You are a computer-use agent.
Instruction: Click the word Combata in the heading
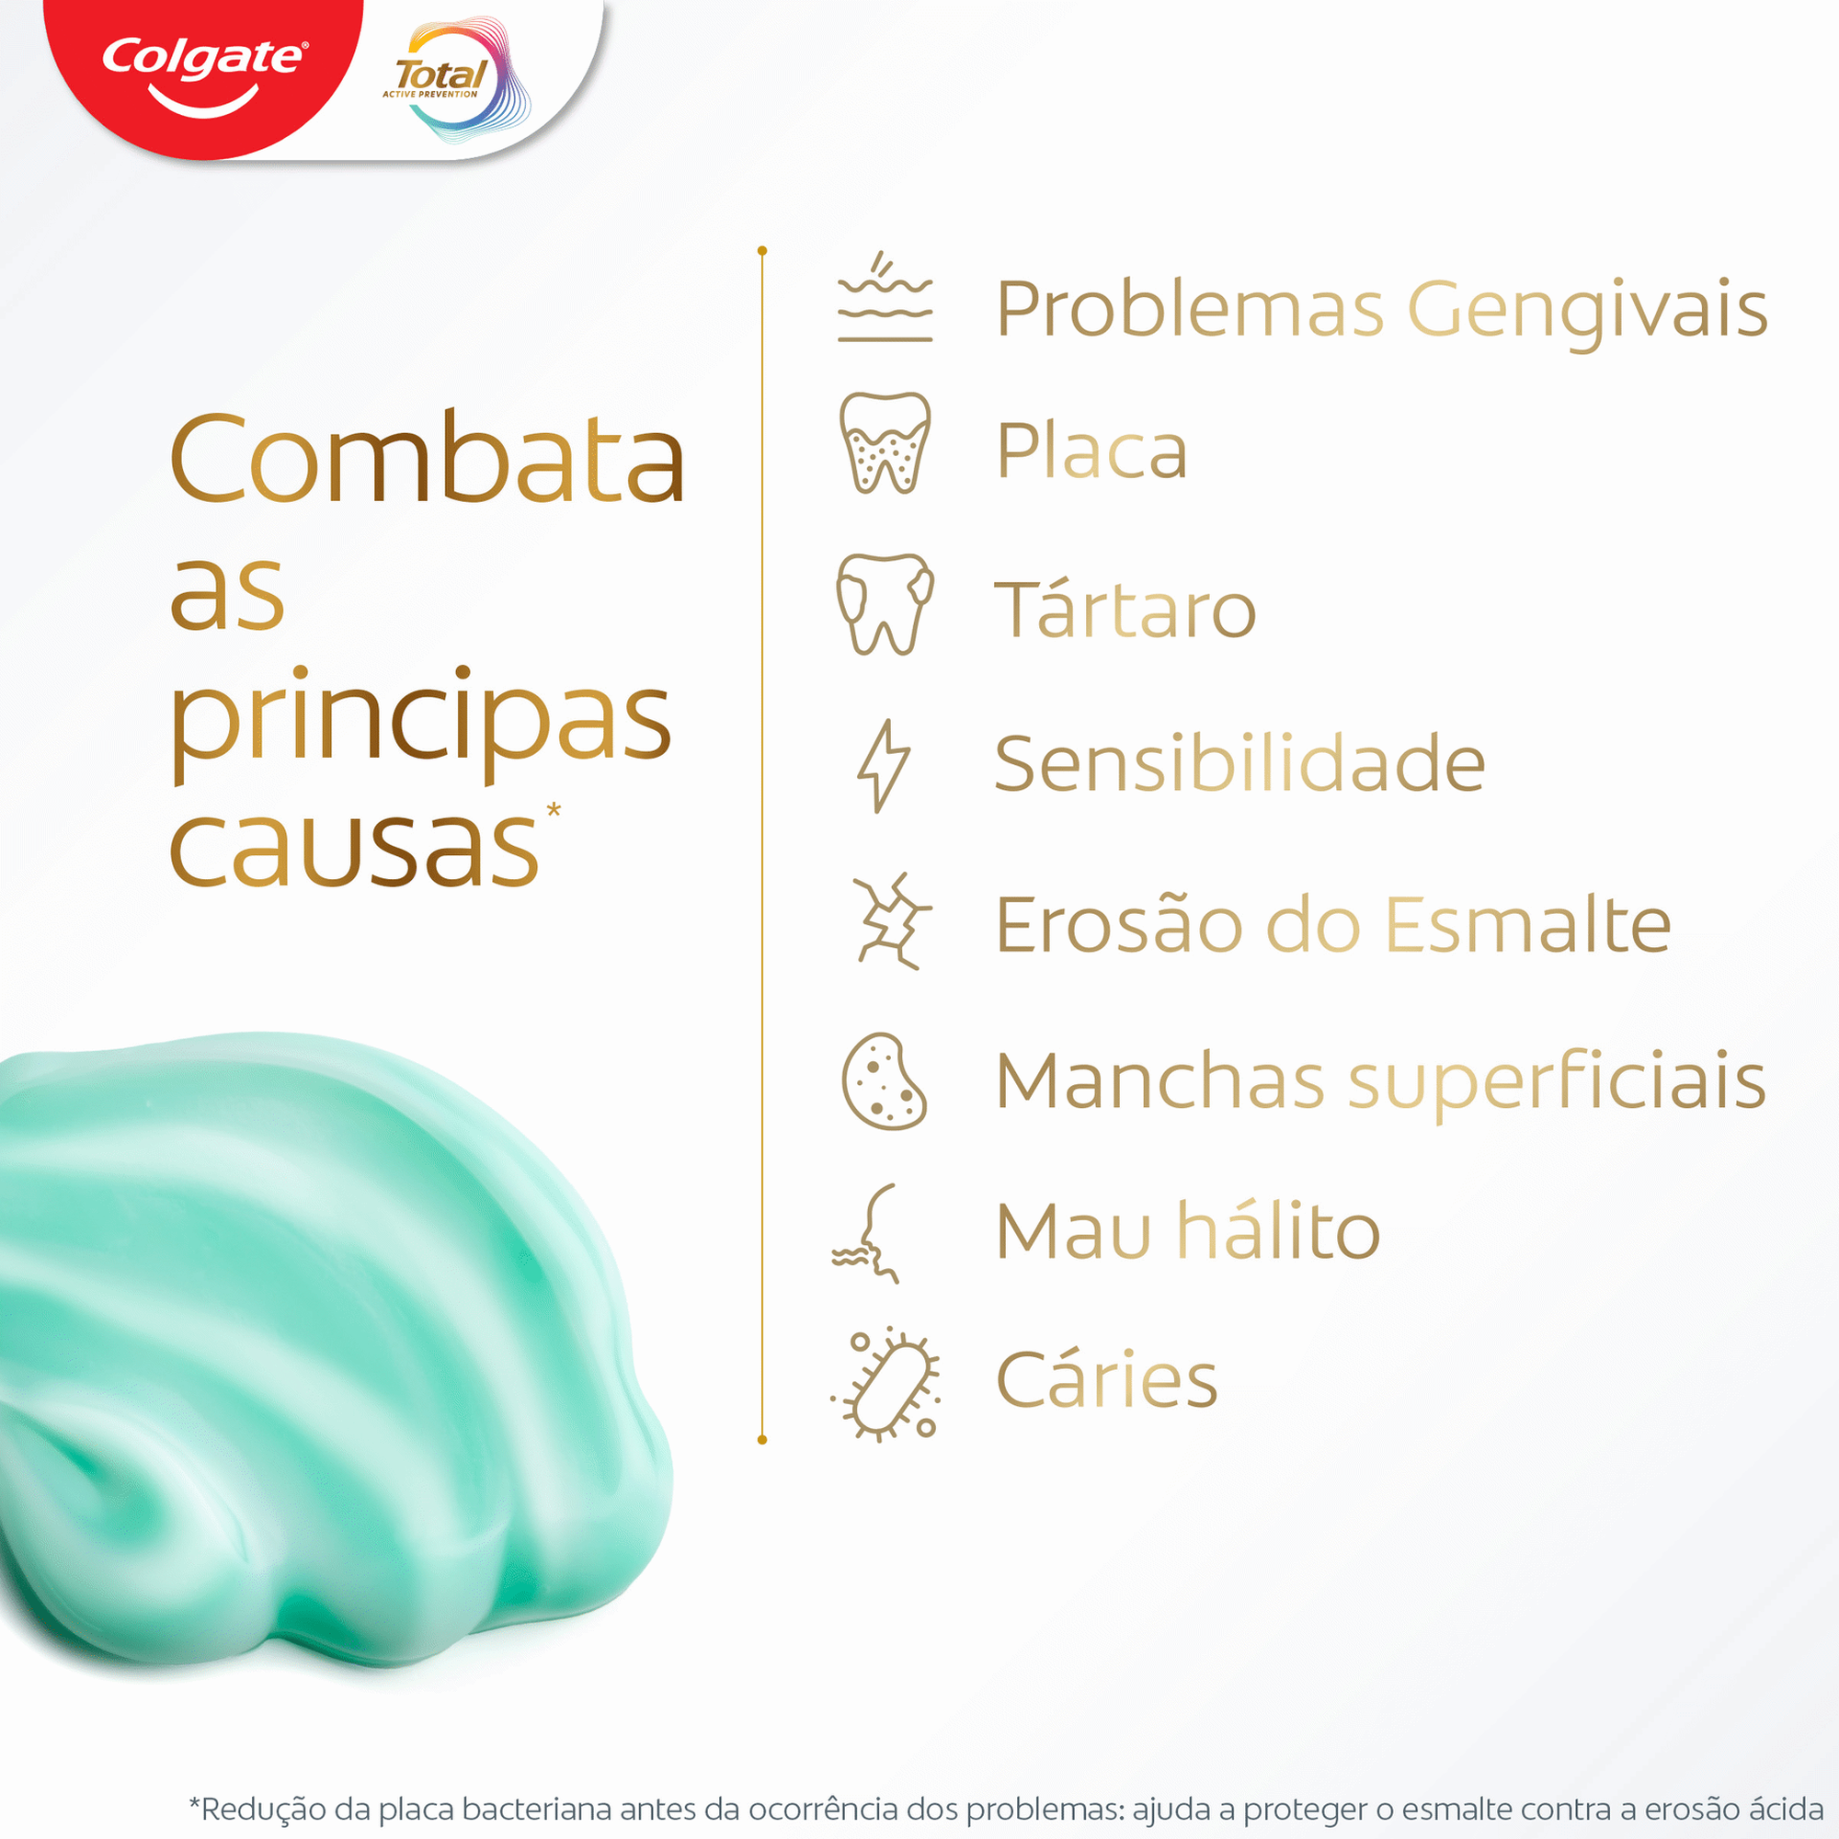[x=428, y=459]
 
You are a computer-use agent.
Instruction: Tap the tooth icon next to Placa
[x=885, y=442]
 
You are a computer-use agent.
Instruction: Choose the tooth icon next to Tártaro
[x=885, y=603]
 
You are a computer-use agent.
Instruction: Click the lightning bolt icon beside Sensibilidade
[x=883, y=765]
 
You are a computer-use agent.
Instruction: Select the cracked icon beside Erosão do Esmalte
[x=890, y=921]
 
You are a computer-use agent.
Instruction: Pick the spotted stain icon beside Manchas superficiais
[x=884, y=1081]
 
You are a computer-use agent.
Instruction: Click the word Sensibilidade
[x=1239, y=763]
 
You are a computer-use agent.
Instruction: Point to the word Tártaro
[x=1125, y=610]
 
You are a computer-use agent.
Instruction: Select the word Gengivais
[x=1587, y=310]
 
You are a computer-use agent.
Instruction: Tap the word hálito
[x=1278, y=1232]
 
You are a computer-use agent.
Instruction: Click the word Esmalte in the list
[x=1526, y=924]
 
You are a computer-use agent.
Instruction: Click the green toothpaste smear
[x=314, y=1352]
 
